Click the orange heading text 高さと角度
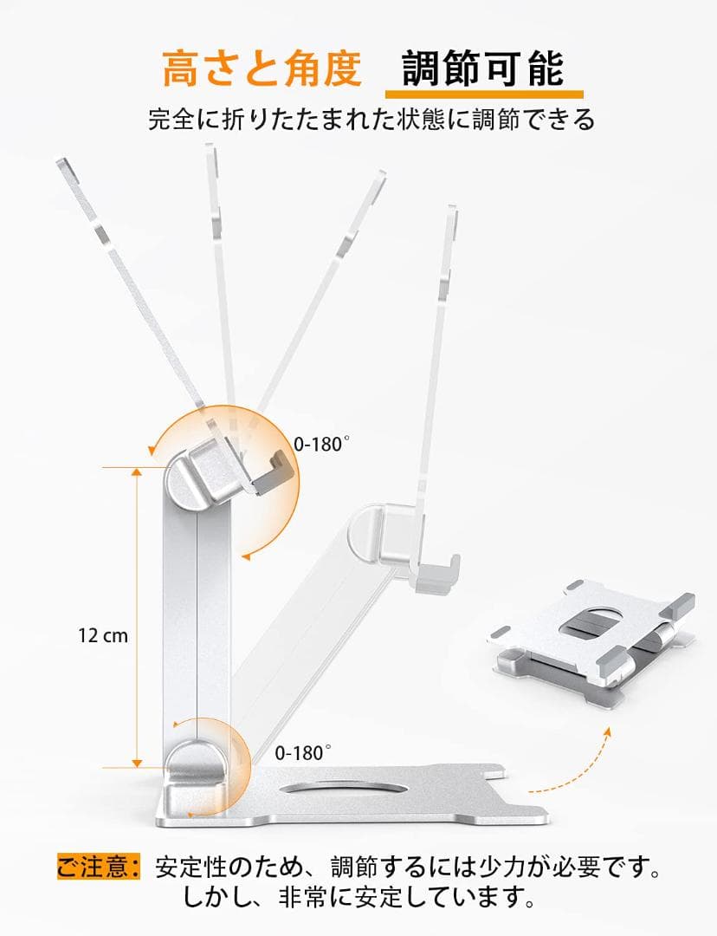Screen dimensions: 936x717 [262, 68]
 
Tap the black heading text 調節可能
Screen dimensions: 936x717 [483, 68]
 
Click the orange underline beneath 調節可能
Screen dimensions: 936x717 [483, 93]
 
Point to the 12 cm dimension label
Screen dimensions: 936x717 [102, 635]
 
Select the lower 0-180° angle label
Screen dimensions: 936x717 [303, 752]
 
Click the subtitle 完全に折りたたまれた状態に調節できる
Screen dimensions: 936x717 [371, 119]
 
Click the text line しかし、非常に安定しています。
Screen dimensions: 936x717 [358, 898]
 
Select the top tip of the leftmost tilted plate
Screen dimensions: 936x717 [62, 164]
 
